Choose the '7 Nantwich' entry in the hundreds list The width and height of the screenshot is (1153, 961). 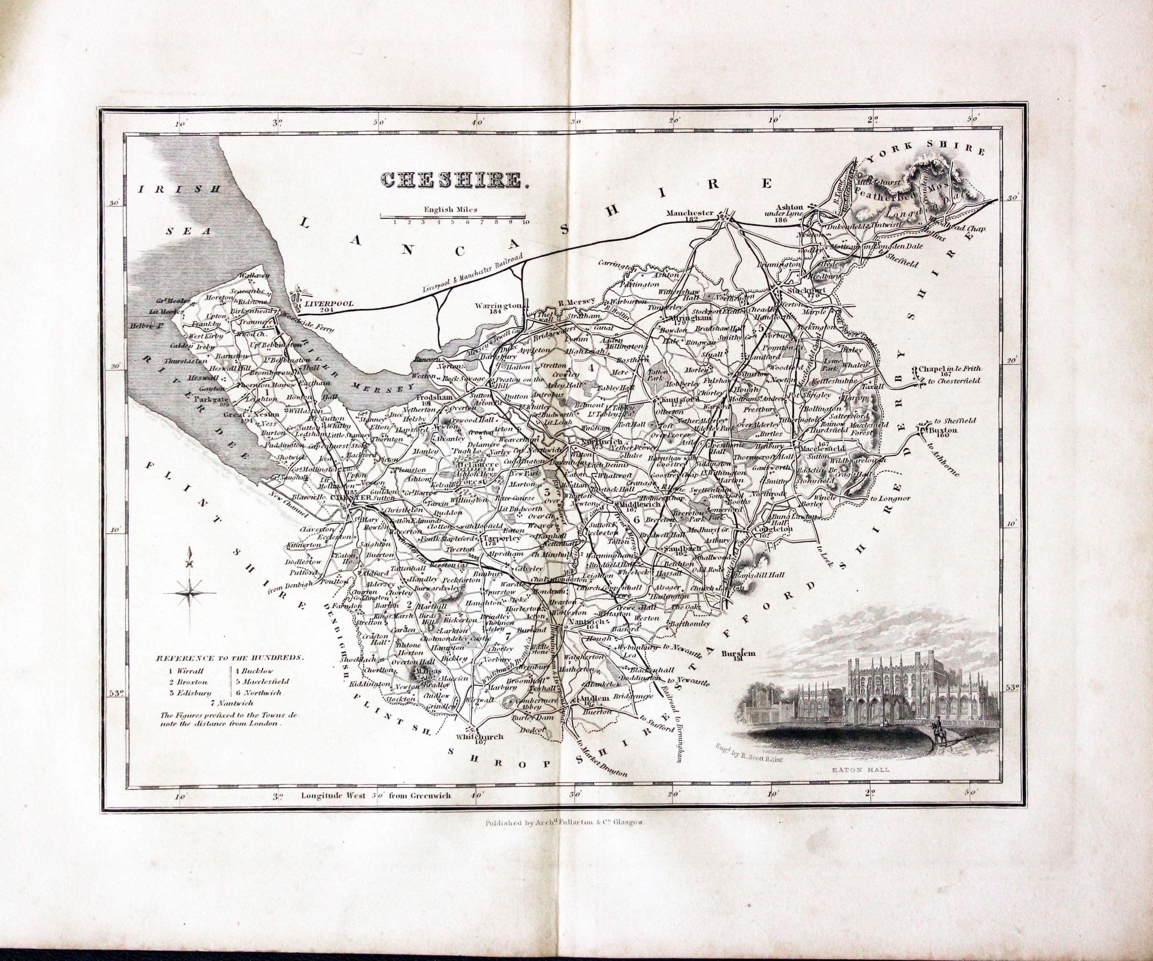click(x=232, y=702)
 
